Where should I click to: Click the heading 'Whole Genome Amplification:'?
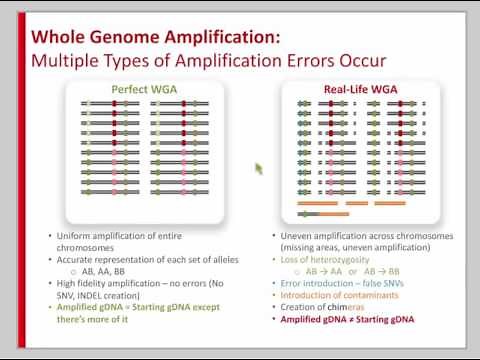point(156,38)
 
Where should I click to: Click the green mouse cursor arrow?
point(259,168)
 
